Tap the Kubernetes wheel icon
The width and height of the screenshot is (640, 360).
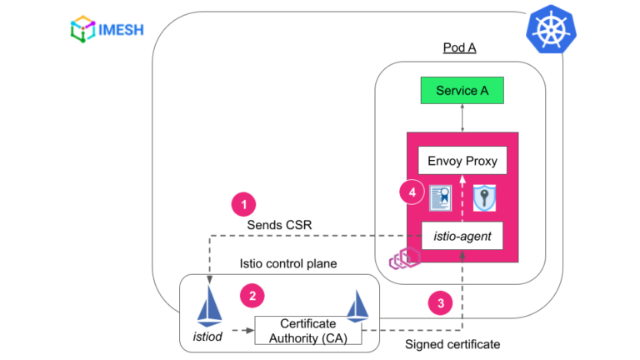pyautogui.click(x=550, y=32)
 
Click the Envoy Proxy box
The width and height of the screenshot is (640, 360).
pyautogui.click(x=462, y=159)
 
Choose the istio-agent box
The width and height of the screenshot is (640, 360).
pyautogui.click(x=462, y=237)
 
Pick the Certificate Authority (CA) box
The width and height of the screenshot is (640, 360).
pyautogui.click(x=307, y=331)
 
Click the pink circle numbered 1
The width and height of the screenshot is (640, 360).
pyautogui.click(x=243, y=203)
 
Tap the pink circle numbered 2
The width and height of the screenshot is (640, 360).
pyautogui.click(x=251, y=294)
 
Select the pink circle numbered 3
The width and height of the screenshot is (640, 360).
pyautogui.click(x=441, y=302)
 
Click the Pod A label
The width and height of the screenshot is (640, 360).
pyautogui.click(x=459, y=47)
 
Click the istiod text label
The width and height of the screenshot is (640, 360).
pyautogui.click(x=207, y=337)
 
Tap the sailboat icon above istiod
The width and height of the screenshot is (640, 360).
pyautogui.click(x=208, y=307)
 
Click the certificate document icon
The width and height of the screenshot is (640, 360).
pyautogui.click(x=440, y=198)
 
